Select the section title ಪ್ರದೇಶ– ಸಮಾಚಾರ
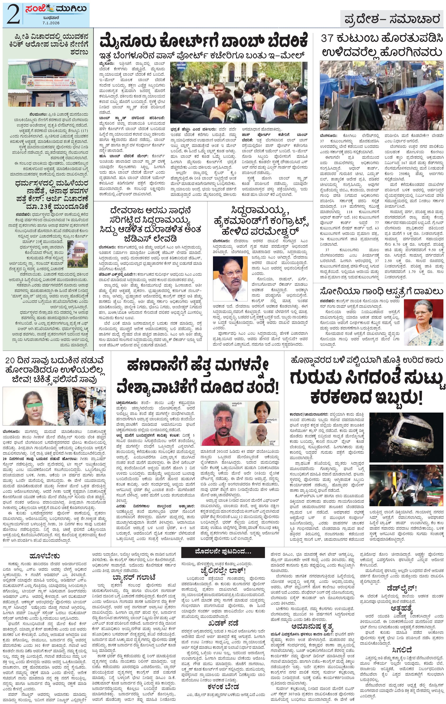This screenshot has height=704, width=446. coord(392,19)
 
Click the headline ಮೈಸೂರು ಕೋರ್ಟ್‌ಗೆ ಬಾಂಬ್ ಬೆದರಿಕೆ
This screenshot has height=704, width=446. coord(203,41)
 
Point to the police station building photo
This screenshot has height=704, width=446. coord(48,83)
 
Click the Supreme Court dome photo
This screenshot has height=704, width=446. coord(77,254)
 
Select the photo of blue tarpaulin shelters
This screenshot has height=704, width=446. coord(381,95)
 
